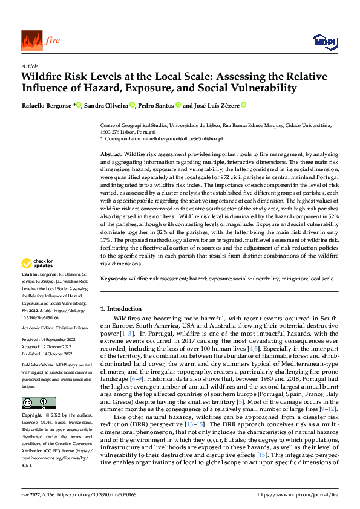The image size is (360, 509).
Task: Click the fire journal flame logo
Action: click(x=31, y=41)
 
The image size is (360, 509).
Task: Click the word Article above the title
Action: click(x=30, y=66)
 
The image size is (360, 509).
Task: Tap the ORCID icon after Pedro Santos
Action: click(x=178, y=105)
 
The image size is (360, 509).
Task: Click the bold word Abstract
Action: click(x=111, y=155)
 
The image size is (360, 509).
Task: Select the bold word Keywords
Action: click(x=113, y=279)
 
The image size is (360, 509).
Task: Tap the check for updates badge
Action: click(x=38, y=263)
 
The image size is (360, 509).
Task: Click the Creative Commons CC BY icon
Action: click(x=39, y=403)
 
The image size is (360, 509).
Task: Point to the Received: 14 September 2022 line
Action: click(x=50, y=340)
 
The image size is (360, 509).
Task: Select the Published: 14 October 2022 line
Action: click(x=50, y=355)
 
